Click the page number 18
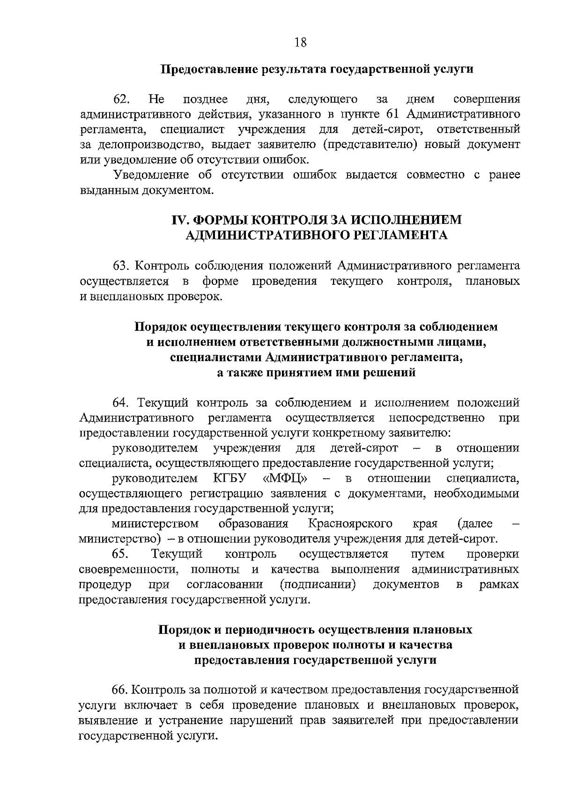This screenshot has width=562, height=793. coord(300,43)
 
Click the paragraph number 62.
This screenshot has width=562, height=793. coord(121,99)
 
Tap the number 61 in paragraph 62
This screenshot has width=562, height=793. coord(394,114)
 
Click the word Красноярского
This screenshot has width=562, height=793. coord(350,523)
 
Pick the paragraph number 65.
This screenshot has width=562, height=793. coord(121,554)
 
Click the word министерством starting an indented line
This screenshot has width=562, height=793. coord(155,523)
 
